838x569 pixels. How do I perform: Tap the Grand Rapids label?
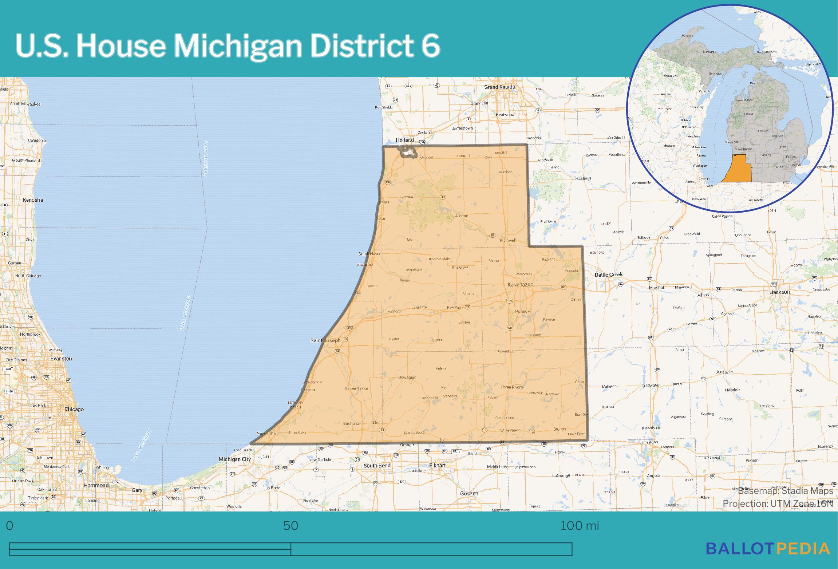point(499,87)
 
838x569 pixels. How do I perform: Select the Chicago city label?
point(74,409)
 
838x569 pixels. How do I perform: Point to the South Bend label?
point(377,465)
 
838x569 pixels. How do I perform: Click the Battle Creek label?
point(609,274)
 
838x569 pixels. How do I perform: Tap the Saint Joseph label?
point(325,340)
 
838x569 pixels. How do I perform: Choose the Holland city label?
point(404,140)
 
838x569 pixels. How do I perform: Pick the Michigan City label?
point(234,459)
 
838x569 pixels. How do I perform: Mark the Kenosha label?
point(33,200)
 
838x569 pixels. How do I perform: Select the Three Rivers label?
point(511,387)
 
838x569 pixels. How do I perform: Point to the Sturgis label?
point(560,429)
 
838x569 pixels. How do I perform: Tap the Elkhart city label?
point(438,465)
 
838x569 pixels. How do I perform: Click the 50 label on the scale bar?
point(290,526)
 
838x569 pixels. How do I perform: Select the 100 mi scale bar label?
point(580,526)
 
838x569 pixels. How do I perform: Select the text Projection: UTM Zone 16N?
point(778,503)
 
